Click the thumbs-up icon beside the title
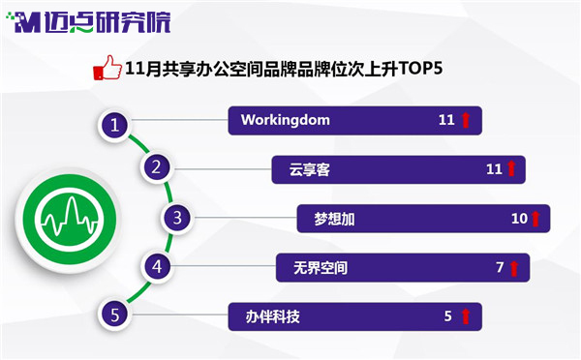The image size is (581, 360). click(107, 68)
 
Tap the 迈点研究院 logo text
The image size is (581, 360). click(107, 22)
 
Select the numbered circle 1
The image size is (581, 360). click(115, 125)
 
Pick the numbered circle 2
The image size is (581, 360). click(157, 167)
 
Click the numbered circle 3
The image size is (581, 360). click(177, 218)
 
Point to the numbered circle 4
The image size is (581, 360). click(157, 267)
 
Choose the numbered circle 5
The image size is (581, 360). click(115, 315)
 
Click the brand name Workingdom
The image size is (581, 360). click(286, 120)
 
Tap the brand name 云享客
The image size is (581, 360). click(310, 170)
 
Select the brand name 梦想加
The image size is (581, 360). click(334, 219)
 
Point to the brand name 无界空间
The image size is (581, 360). click(321, 268)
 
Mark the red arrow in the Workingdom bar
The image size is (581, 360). click(466, 120)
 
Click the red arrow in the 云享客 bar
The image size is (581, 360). click(511, 168)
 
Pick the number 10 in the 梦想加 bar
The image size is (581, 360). click(519, 219)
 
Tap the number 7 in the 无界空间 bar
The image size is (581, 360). click(500, 267)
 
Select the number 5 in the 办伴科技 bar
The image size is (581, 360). click(448, 315)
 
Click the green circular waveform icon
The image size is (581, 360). click(69, 220)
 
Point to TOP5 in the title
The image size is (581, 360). click(420, 68)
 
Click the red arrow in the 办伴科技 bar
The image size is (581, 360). click(466, 316)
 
